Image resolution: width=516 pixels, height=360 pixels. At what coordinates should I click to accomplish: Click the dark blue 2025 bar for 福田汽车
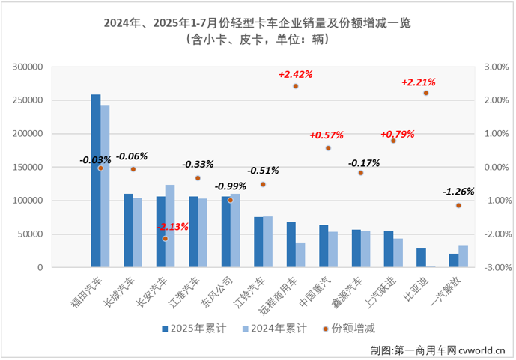pyautogui.click(x=96, y=181)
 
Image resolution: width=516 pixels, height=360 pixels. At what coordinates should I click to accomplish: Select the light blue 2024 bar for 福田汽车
pyautogui.click(x=105, y=186)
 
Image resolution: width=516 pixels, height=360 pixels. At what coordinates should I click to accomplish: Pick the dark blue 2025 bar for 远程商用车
pyautogui.click(x=291, y=245)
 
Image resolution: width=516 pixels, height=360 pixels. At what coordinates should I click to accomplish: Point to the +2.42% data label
pyautogui.click(x=295, y=74)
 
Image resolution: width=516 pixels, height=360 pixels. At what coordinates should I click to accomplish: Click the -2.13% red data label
pyautogui.click(x=172, y=226)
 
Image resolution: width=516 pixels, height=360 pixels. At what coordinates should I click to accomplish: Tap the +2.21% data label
pyautogui.click(x=419, y=82)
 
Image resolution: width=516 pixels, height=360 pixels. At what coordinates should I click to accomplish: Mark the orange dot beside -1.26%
pyautogui.click(x=458, y=205)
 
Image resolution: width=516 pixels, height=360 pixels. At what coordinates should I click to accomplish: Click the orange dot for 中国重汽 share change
pyautogui.click(x=328, y=148)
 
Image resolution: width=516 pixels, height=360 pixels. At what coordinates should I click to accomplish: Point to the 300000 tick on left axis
pyautogui.click(x=28, y=67)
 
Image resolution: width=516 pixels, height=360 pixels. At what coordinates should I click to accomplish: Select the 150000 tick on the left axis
pyautogui.click(x=28, y=167)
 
